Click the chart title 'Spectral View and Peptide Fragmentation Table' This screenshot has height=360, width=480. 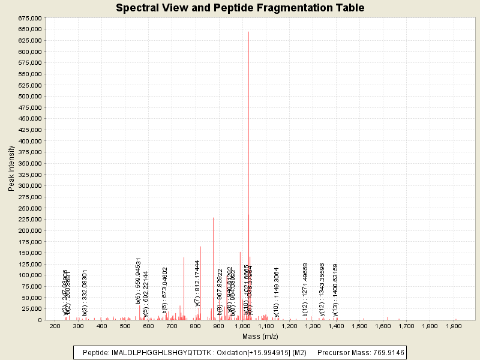[x=240, y=8]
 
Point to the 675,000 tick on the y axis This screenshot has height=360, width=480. [x=29, y=18]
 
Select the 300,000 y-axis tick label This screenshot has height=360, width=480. [x=29, y=185]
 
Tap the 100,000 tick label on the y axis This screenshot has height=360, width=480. [x=29, y=275]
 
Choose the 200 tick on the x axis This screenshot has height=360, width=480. [x=55, y=326]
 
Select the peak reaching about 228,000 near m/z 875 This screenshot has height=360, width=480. [x=214, y=218]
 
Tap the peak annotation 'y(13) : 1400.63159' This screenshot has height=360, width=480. [x=335, y=290]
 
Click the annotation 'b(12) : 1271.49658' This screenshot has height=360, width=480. [x=305, y=289]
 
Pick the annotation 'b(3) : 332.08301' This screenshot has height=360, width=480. [x=85, y=292]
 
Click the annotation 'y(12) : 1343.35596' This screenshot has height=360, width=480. [x=322, y=289]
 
